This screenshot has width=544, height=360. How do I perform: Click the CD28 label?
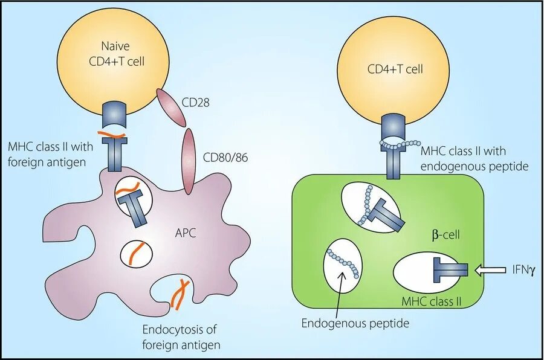(x=195, y=102)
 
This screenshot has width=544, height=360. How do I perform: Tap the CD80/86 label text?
(x=225, y=158)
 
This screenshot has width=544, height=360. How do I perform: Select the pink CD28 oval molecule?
(x=172, y=107)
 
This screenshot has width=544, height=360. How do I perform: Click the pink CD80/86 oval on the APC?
(x=189, y=161)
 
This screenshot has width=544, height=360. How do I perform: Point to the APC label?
(x=186, y=233)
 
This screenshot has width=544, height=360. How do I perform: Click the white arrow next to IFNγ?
(x=490, y=270)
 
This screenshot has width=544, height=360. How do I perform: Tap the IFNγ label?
(x=523, y=270)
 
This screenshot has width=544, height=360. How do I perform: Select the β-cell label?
(x=446, y=235)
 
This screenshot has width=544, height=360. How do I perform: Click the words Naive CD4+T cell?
(x=117, y=54)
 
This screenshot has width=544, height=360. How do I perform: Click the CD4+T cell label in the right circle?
(x=395, y=69)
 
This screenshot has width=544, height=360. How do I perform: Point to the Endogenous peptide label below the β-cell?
(x=355, y=323)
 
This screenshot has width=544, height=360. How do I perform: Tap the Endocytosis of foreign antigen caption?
(x=181, y=336)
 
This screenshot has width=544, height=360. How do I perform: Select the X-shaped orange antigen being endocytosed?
(x=180, y=294)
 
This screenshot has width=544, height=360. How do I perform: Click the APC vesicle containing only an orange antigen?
(x=136, y=254)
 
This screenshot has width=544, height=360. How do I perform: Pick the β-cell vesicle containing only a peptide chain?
(x=343, y=266)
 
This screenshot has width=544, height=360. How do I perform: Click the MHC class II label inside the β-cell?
(x=431, y=301)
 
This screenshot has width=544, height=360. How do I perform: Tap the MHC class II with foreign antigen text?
(x=51, y=154)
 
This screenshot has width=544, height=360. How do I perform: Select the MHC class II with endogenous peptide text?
(x=474, y=158)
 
